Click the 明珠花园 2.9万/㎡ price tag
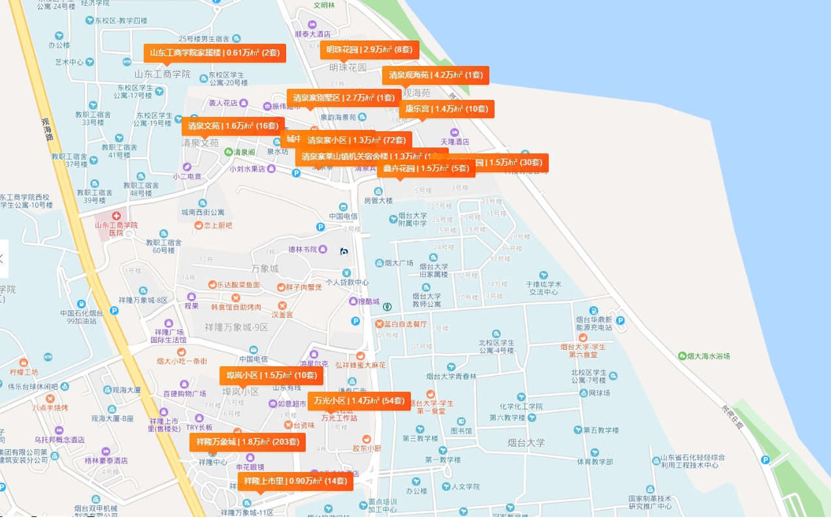369,50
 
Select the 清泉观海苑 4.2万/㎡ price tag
435,75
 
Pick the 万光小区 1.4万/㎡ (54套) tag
359,401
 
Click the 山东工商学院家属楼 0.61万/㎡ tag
214,53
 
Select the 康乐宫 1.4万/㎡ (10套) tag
446,109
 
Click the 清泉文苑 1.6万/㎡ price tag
233,126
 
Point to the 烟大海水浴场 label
708,356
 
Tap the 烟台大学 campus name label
526,443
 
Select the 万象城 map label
265,269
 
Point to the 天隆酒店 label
455,142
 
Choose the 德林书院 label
302,249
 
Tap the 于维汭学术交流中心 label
543,288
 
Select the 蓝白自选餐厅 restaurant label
405,324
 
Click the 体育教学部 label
595,462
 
